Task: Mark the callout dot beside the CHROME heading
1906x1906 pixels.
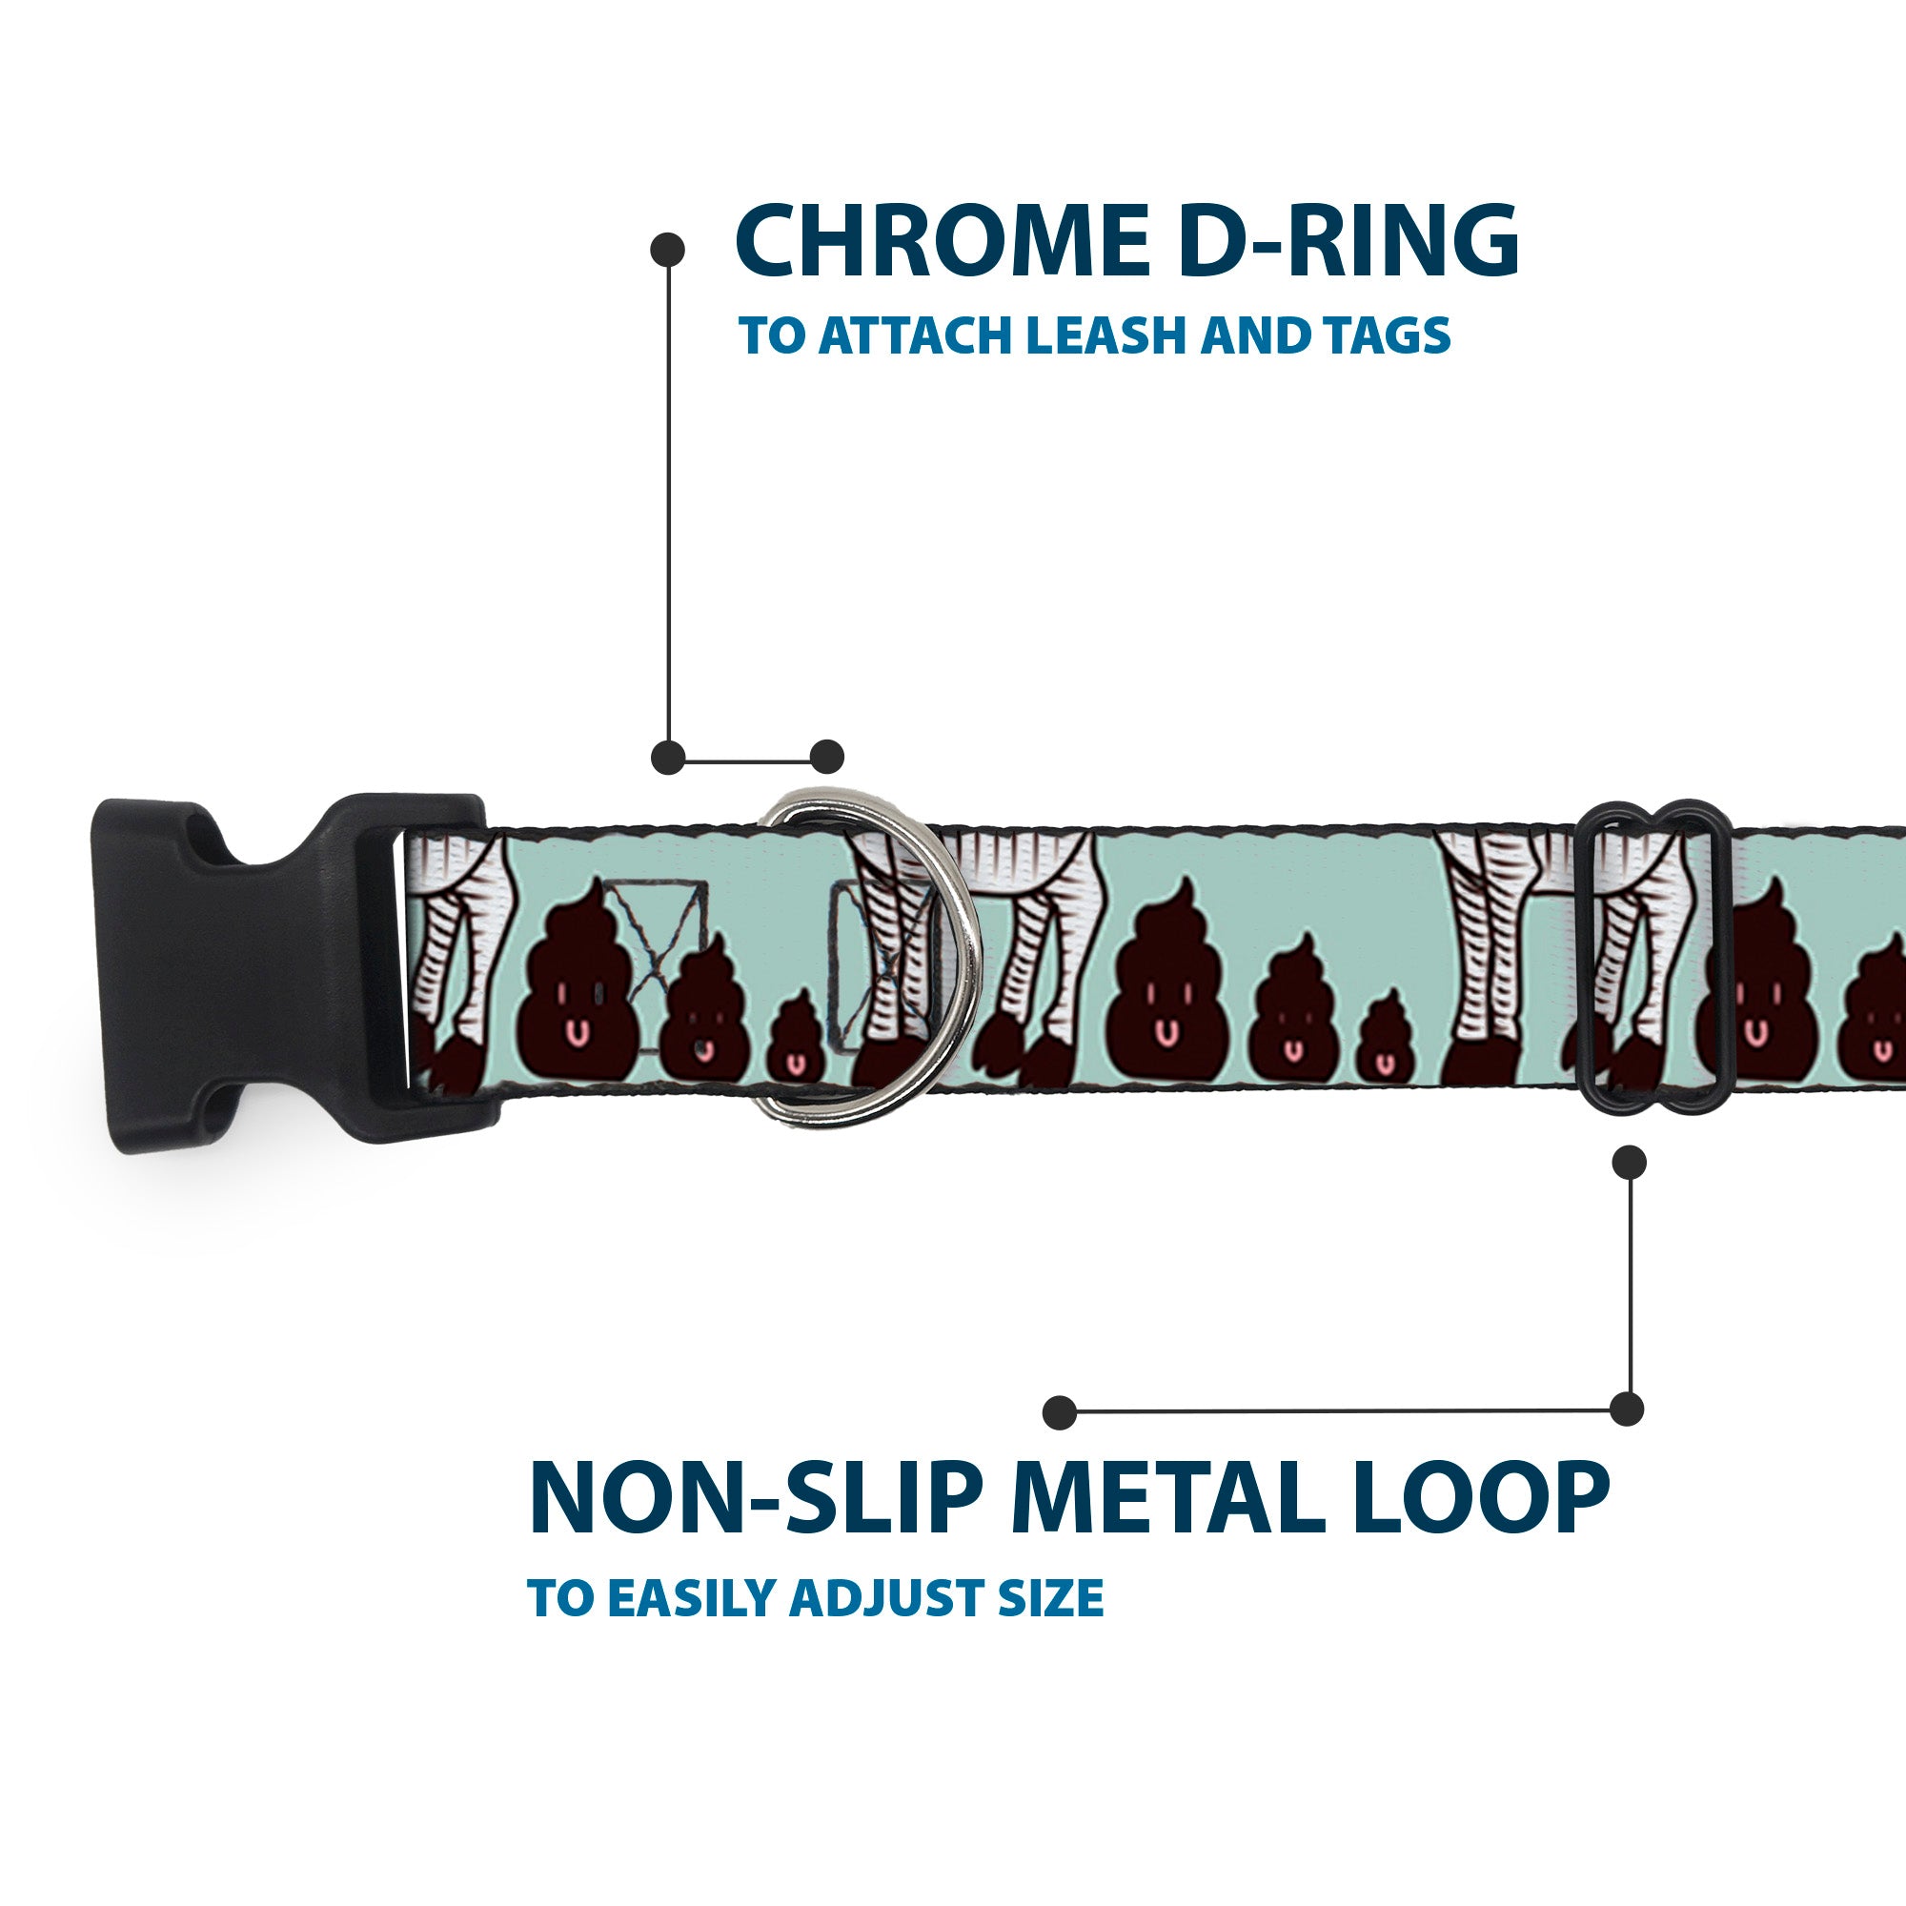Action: click(668, 250)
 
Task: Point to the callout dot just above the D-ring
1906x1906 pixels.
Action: click(826, 757)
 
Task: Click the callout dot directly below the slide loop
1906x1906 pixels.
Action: click(1629, 1162)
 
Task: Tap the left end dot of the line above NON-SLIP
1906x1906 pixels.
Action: click(1060, 1411)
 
